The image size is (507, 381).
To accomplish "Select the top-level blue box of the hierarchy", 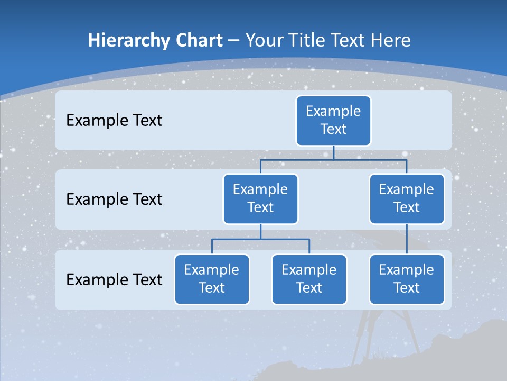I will pos(333,120).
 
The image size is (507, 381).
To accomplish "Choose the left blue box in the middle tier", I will pos(260,198).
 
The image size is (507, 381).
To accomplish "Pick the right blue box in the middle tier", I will pos(407,198).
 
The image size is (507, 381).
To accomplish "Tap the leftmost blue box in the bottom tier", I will pos(212,279).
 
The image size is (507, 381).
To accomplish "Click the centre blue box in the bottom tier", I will pos(309,279).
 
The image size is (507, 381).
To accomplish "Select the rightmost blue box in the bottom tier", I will pos(407,279).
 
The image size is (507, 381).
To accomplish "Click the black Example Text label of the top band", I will pos(114,121).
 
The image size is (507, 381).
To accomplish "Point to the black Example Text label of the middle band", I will pos(114,199).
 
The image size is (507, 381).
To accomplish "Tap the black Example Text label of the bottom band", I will pos(114,279).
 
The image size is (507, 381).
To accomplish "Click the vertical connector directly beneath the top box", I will pos(333,152).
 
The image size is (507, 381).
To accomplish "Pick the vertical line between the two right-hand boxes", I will pos(407,239).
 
